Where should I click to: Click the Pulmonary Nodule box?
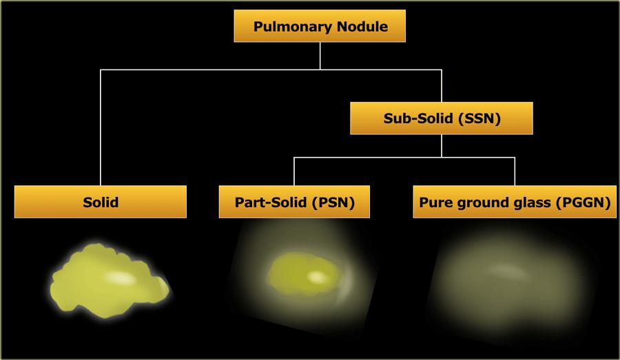click(x=320, y=28)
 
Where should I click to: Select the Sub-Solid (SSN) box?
click(x=442, y=118)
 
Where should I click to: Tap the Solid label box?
click(x=101, y=202)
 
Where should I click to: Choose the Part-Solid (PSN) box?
click(x=295, y=202)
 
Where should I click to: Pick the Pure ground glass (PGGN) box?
click(x=515, y=202)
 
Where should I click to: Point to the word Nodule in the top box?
click(x=362, y=28)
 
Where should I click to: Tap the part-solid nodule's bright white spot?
click(x=318, y=277)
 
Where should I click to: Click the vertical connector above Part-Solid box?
click(x=295, y=171)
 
